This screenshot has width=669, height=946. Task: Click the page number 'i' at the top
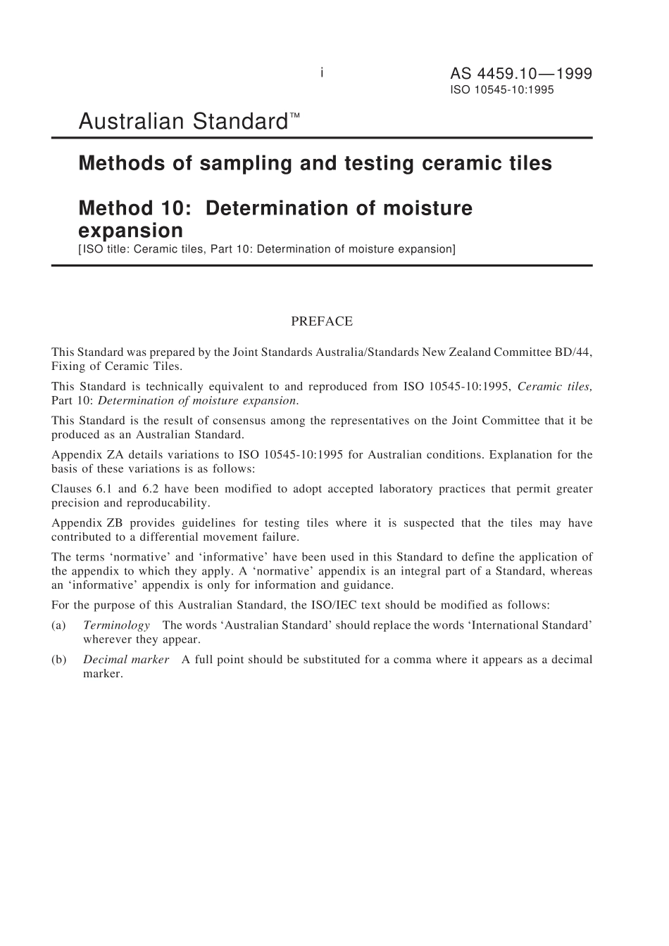tap(322, 72)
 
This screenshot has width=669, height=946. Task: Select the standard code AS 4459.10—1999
tap(520, 74)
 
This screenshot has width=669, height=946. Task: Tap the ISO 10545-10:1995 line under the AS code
tap(501, 90)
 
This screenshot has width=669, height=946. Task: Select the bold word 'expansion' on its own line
tap(130, 231)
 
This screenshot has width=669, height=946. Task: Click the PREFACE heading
tap(322, 321)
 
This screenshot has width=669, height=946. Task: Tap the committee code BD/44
tap(573, 352)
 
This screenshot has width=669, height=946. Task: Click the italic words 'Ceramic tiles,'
tap(554, 386)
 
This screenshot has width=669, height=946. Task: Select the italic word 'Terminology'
tap(116, 625)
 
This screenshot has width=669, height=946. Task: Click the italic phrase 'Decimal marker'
tap(126, 660)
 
